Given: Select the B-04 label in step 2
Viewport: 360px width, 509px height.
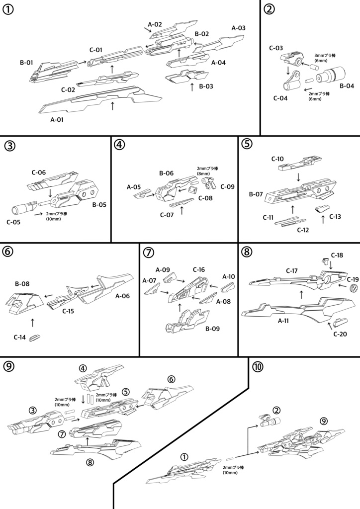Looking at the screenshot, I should pos(346,85).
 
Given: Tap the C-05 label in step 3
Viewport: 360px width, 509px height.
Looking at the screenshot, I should pos(13,222).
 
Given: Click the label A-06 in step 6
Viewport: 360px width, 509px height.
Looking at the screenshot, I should pos(123,296).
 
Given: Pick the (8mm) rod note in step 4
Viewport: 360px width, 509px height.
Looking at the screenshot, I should pos(203,174).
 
